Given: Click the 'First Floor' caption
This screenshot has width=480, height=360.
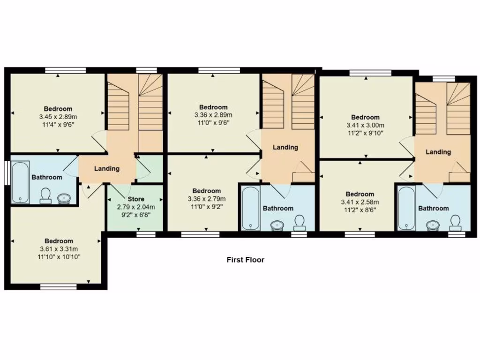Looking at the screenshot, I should click(245, 260).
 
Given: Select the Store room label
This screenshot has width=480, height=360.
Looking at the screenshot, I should click(136, 199).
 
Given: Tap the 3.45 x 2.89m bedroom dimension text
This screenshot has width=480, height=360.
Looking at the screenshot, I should click(58, 116).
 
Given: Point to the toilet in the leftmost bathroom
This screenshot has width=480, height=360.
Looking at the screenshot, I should click(45, 195).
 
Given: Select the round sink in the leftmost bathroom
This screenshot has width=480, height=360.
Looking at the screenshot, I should click(63, 199).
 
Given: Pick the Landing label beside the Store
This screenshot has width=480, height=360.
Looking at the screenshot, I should click(107, 169).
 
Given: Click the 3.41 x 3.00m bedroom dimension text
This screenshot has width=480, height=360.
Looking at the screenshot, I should click(365, 125).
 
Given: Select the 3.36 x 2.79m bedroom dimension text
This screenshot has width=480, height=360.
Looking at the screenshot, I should click(207, 199).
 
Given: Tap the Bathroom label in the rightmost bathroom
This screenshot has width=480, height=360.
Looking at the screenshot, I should click(433, 209).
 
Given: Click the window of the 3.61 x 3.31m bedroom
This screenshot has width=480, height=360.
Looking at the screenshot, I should click(58, 287).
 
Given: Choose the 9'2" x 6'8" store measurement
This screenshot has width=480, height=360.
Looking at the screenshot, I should click(136, 214).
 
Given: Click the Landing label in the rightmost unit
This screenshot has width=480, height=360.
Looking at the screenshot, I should click(438, 152).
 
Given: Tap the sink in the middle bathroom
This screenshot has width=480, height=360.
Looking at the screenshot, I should click(277, 225).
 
